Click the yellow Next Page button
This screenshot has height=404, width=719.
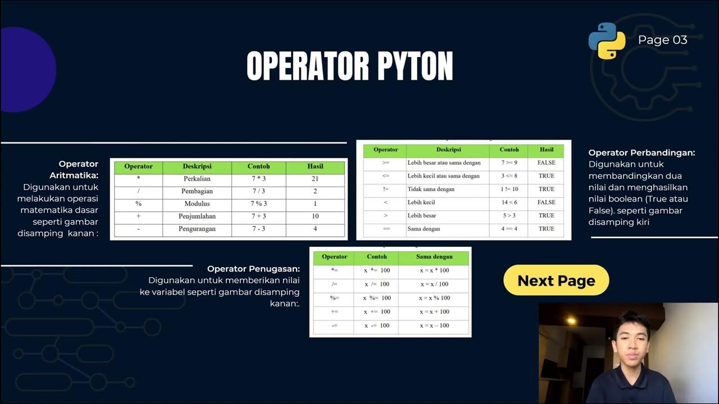point(556,281)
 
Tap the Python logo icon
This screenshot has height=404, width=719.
point(607,41)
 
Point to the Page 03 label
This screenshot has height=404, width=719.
point(662,40)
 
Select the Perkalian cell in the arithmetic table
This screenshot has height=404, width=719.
point(197,179)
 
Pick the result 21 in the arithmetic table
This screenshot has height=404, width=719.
point(315,179)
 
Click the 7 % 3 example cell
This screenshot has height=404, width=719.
point(258,204)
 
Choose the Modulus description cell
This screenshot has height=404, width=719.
point(197,204)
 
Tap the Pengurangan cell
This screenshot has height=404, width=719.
point(197,229)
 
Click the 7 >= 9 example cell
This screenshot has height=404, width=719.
point(509,163)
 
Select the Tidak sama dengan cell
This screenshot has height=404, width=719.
point(430,189)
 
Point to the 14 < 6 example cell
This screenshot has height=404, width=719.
point(509,202)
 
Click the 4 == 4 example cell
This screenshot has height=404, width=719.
point(509,229)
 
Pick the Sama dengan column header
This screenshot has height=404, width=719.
point(434,256)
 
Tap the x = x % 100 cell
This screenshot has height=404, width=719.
point(434,298)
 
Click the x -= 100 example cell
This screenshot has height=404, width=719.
point(376,325)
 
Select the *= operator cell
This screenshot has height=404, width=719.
point(334,270)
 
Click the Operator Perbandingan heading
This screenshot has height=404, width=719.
point(641,153)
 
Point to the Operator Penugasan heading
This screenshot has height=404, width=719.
point(253,269)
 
